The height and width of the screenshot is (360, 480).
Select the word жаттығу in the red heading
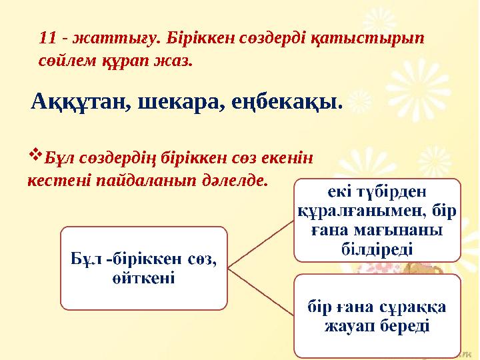[101, 38]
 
